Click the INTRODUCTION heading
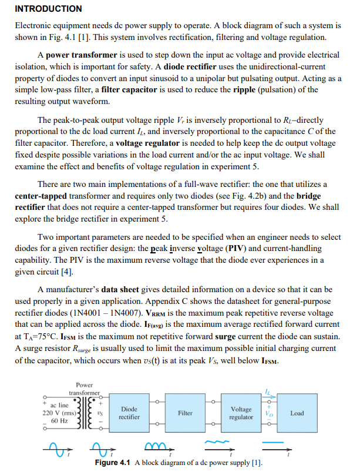point(48,9)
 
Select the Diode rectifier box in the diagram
point(129,413)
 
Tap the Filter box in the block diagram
point(185,413)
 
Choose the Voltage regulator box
point(241,413)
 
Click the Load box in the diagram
point(297,413)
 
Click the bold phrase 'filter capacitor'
point(129,89)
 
